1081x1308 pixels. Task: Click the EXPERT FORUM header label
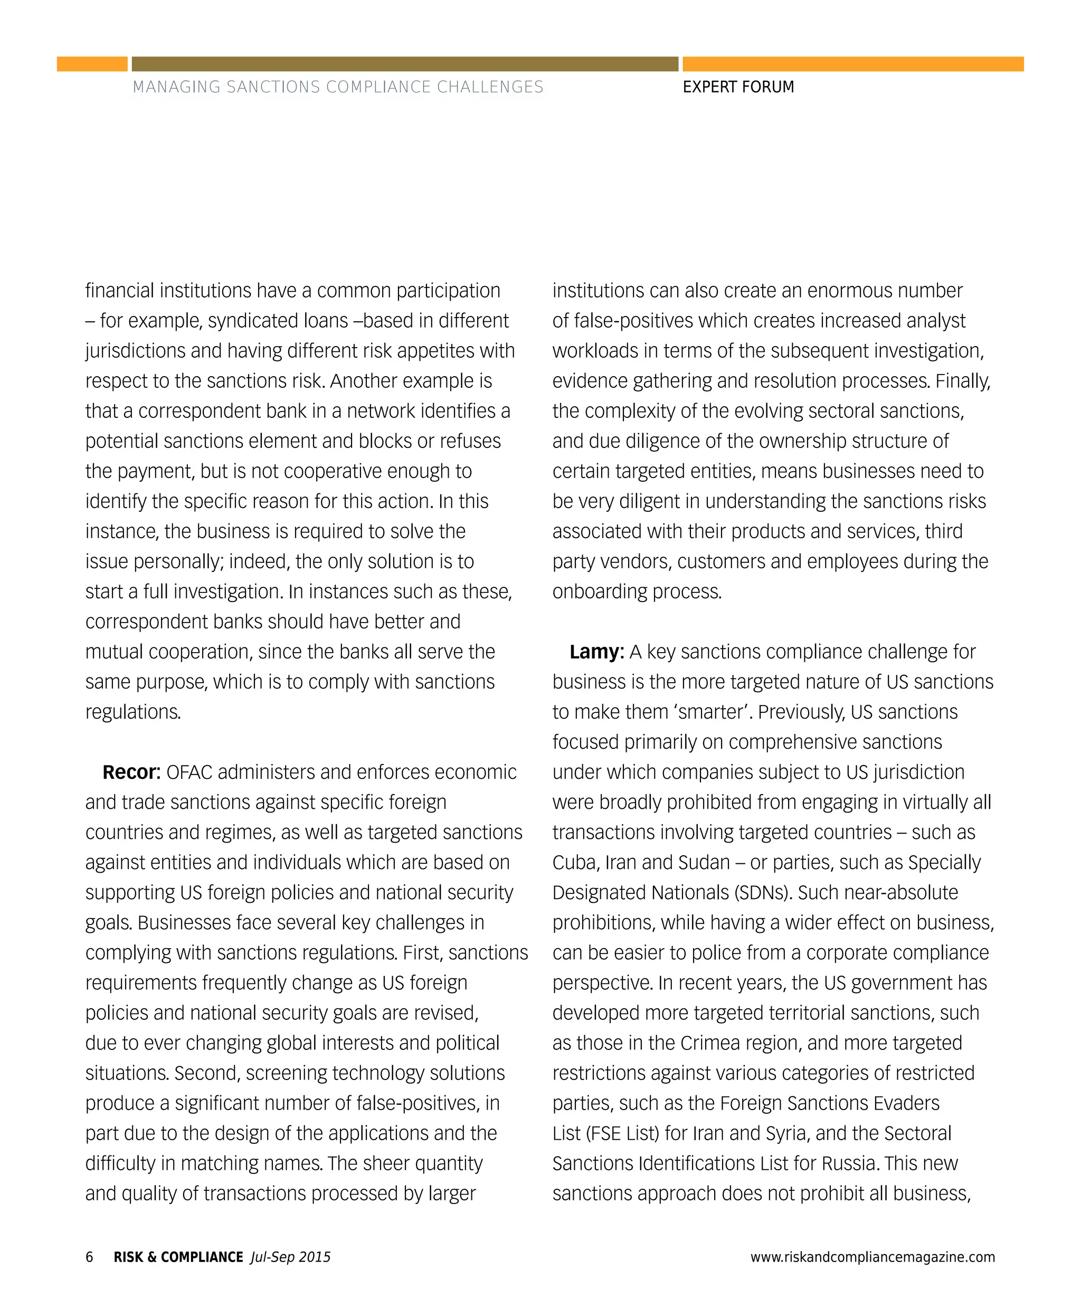[x=738, y=87]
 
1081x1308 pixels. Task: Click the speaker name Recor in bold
[x=131, y=772]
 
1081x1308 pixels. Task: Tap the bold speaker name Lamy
[x=596, y=652]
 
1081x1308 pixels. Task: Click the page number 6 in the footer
[x=89, y=1256]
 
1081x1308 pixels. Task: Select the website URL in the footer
[x=873, y=1256]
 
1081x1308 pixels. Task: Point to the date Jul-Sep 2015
[x=290, y=1256]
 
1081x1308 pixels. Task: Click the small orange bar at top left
[x=92, y=64]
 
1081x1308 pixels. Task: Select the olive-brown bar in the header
[x=405, y=64]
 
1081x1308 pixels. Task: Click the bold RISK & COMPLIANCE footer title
[x=178, y=1256]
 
